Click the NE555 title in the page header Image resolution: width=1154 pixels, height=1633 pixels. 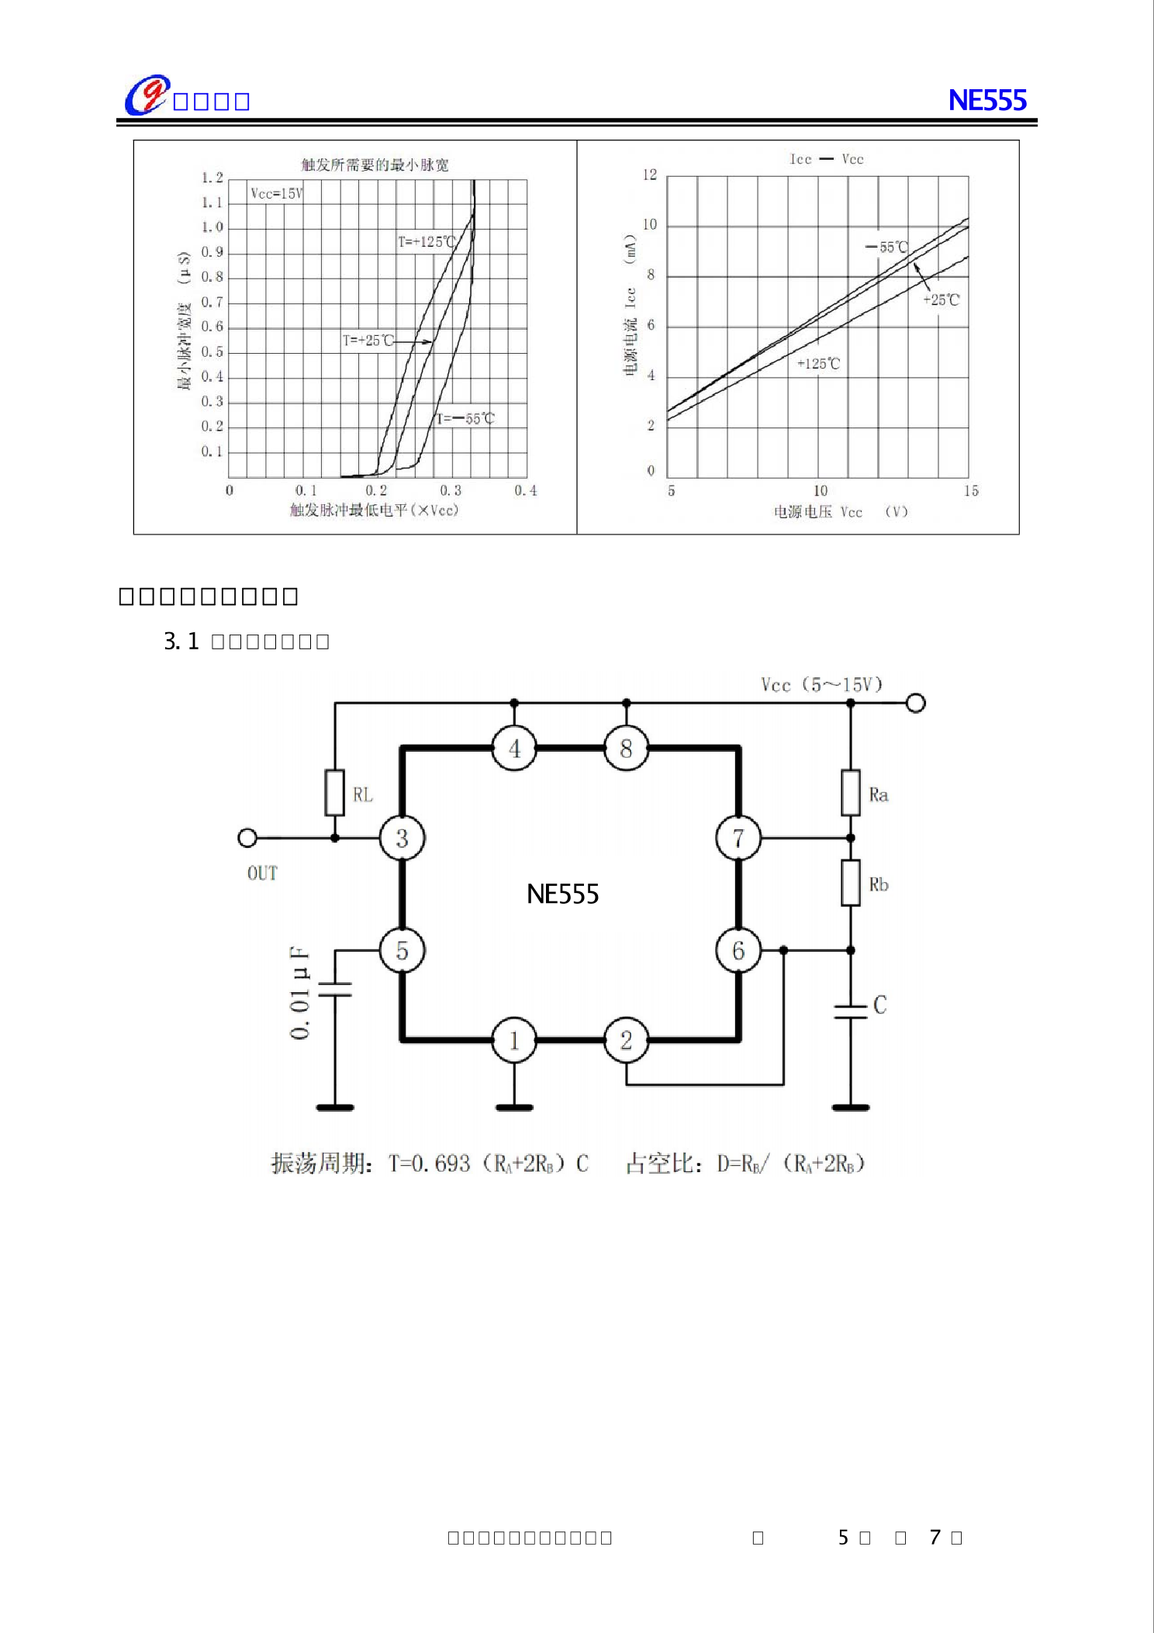986,100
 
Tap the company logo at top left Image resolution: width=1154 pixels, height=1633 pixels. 147,95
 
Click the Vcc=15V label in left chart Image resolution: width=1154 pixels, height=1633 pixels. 277,193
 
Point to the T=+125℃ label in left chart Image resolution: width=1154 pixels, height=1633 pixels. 427,241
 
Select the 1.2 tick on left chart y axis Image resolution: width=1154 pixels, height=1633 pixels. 212,178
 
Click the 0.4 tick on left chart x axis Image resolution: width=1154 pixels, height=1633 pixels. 525,490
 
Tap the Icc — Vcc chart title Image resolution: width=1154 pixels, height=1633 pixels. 826,159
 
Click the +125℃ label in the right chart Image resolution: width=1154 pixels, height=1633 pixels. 818,363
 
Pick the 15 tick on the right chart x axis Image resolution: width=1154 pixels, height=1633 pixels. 971,490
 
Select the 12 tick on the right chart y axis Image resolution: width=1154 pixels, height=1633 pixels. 649,175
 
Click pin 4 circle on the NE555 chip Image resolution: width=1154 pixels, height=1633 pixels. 514,749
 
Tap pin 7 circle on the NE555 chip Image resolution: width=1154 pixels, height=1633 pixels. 738,838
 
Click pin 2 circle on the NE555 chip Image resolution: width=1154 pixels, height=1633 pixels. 626,1040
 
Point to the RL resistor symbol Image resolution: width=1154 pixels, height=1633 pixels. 334,792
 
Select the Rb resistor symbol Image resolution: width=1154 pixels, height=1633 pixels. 851,883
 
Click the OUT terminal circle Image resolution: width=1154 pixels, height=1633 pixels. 247,838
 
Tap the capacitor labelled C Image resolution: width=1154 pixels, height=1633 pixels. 851,1011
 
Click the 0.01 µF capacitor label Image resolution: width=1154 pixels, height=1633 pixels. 300,992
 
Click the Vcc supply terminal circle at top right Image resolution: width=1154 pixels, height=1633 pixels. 916,703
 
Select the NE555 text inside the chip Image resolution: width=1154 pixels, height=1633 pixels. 562,894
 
